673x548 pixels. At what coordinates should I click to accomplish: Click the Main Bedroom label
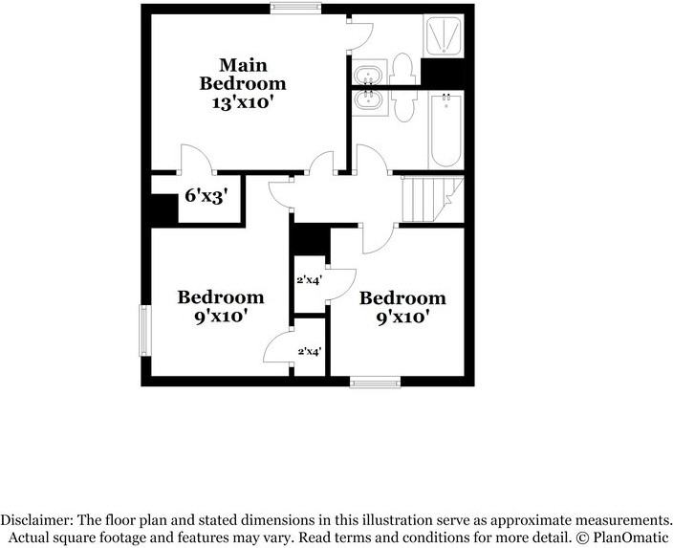coord(243,75)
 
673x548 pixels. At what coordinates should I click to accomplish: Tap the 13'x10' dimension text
coord(243,103)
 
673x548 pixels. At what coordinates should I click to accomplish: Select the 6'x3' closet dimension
coord(206,196)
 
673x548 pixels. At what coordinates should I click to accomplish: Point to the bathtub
coord(445,131)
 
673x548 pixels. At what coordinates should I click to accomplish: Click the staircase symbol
coord(433,200)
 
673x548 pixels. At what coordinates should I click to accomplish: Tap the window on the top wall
coord(295,7)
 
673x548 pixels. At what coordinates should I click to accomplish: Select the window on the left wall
coord(145,330)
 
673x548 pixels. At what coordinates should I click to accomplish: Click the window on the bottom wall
coord(375,382)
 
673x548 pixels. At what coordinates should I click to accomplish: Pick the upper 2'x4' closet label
coord(310,280)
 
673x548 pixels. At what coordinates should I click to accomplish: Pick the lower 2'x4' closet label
coord(310,352)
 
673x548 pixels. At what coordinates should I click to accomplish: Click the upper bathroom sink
coord(368,75)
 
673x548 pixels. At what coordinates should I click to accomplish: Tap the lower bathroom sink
coord(368,100)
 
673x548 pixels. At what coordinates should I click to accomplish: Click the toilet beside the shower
coord(402,69)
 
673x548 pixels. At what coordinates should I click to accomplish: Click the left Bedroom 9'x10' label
coord(221,307)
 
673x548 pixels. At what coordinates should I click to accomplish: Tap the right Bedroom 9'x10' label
coord(402,308)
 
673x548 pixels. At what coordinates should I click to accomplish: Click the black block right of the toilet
coord(443,72)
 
